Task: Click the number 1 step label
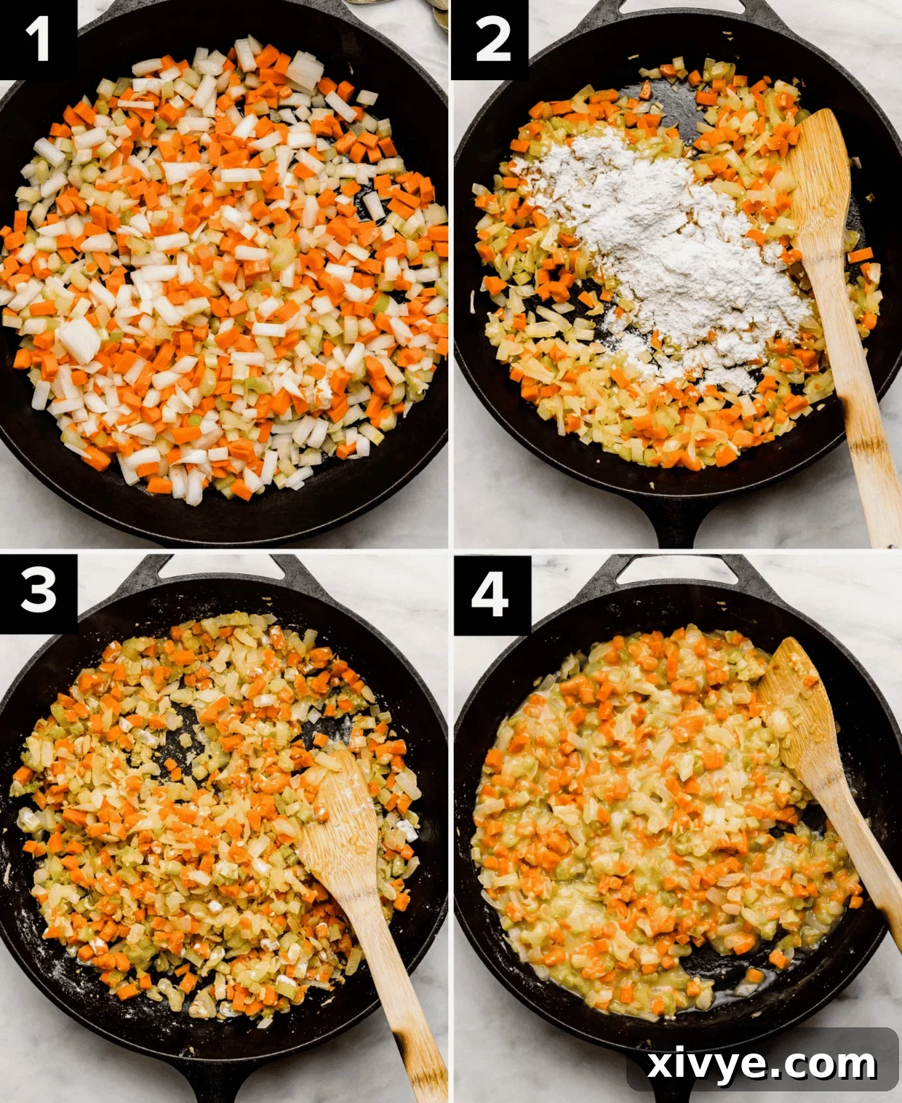point(38,39)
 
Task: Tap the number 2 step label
point(492,39)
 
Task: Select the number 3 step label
point(38,591)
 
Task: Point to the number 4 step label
point(490,594)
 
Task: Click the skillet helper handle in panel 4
point(673,566)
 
